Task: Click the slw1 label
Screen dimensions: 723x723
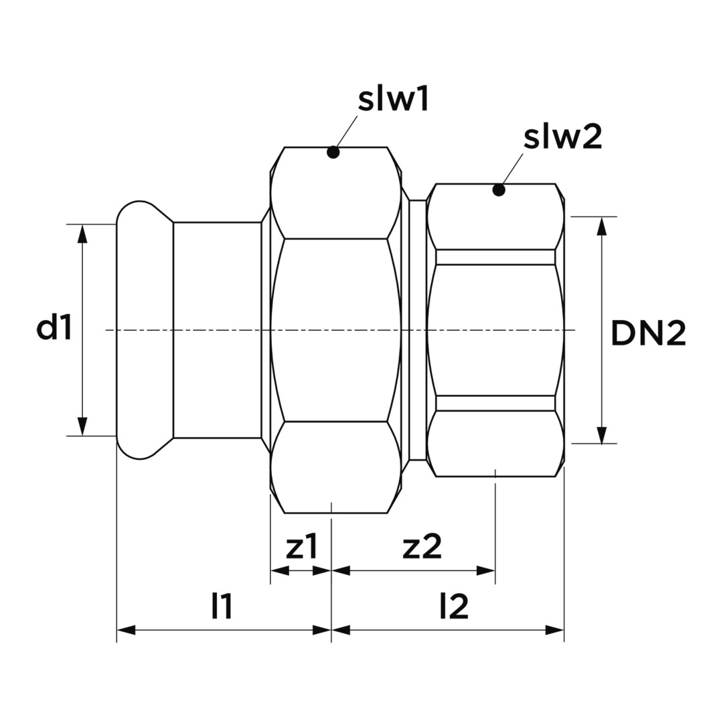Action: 394,100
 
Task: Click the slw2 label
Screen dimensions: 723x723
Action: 562,137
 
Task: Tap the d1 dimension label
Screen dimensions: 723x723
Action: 54,328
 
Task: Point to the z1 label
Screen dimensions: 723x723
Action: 302,547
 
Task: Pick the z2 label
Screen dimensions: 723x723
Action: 422,547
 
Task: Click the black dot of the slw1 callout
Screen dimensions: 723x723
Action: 333,152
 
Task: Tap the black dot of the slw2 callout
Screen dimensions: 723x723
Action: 499,189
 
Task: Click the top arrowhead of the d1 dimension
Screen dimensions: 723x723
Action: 82,234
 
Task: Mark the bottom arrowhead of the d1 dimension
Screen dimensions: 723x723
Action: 82,426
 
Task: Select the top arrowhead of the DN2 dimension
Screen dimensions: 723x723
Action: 601,226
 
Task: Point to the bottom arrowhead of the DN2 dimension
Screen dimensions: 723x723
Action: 601,434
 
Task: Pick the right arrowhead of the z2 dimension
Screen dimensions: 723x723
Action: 486,570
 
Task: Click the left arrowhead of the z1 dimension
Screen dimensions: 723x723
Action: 280,570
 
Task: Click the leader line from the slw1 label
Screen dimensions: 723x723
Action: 346,133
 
